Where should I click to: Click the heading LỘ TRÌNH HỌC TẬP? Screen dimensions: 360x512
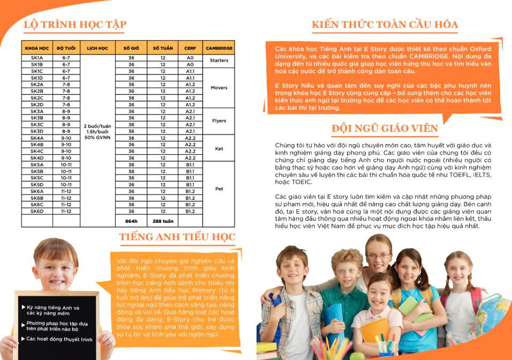pos(75,24)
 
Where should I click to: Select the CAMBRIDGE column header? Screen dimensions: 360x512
pos(219,48)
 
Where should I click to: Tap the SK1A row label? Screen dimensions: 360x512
pos(37,57)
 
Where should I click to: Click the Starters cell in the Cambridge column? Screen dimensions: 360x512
pos(219,61)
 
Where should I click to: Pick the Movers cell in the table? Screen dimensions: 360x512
pos(219,88)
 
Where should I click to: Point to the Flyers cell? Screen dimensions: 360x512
pos(219,121)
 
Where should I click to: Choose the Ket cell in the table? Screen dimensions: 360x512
pos(219,148)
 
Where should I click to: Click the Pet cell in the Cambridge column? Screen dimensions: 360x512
pos(219,189)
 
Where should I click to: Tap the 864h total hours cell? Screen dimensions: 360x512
pos(131,220)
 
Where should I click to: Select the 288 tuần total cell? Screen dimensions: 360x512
pos(162,220)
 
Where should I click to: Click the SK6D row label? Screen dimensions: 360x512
pos(37,211)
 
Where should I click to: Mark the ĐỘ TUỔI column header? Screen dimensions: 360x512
pos(66,48)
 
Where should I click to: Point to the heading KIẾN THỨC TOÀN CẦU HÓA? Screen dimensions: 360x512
pos(385,24)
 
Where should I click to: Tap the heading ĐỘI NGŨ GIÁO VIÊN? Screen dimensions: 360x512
pos(385,129)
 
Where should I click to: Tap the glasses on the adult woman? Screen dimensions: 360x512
pos(379,256)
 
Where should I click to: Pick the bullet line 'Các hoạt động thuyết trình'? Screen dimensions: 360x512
pos(59,340)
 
